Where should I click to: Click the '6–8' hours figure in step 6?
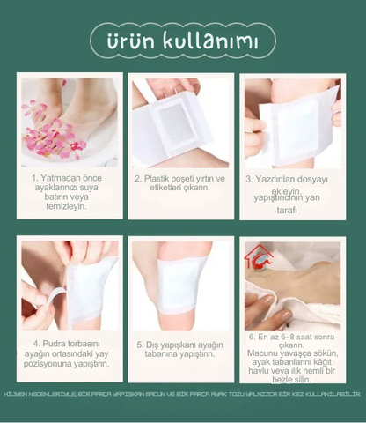(x=285, y=337)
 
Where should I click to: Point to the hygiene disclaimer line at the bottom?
(x=183, y=393)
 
